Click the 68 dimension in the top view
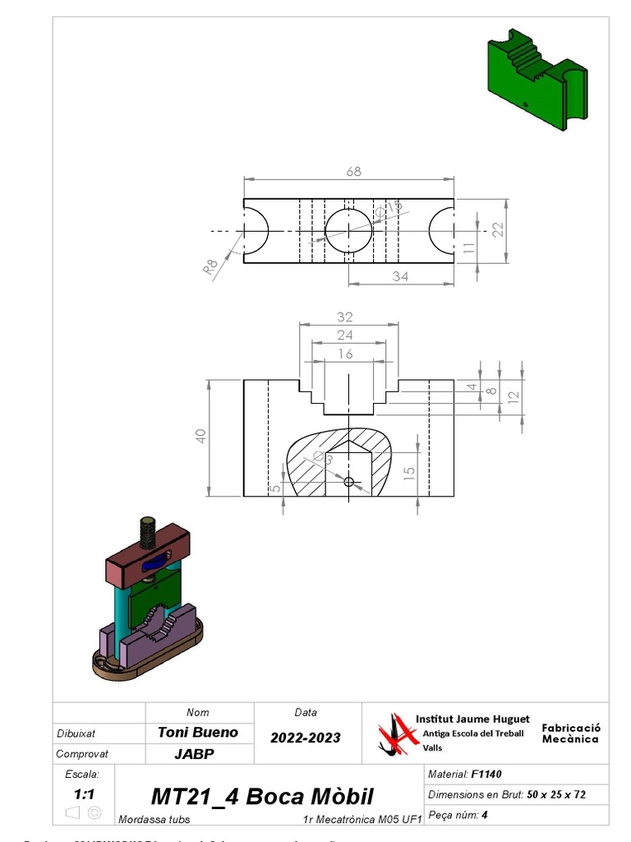coord(353,172)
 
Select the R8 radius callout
coord(211,266)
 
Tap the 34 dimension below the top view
coord(400,276)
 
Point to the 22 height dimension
coord(497,230)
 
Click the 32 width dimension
coord(345,317)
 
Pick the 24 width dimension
coord(345,335)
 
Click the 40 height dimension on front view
coord(200,437)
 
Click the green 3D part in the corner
coord(535,78)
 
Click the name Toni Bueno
coord(198,732)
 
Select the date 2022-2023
coord(306,738)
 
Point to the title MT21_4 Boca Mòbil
coord(262,796)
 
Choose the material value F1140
coord(486,774)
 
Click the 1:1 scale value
coord(83,794)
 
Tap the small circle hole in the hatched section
coord(349,481)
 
